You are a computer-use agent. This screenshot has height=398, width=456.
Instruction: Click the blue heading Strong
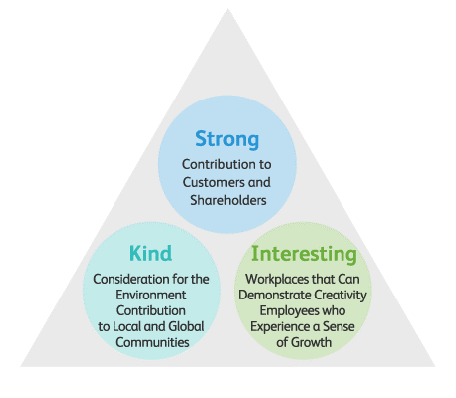[x=227, y=139]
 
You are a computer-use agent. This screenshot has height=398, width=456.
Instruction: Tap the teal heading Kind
[x=151, y=253]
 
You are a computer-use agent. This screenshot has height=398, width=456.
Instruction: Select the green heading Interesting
[x=304, y=255]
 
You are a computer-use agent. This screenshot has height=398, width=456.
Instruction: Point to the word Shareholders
[x=228, y=200]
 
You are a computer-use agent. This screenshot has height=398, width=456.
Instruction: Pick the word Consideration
[x=131, y=279]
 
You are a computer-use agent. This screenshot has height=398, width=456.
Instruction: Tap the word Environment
[x=151, y=295]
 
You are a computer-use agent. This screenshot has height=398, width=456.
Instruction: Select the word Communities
[x=152, y=342]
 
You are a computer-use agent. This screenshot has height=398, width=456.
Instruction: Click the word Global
[x=186, y=326]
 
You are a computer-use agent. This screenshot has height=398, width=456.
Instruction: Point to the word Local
[x=127, y=326]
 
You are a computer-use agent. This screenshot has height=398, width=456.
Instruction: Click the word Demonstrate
[x=275, y=295]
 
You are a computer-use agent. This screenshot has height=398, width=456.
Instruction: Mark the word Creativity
[x=341, y=296]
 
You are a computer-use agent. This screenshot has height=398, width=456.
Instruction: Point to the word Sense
[x=339, y=326]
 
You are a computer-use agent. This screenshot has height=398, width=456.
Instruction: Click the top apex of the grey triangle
[x=228, y=9]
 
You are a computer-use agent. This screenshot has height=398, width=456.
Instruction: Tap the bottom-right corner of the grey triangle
[x=435, y=366]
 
